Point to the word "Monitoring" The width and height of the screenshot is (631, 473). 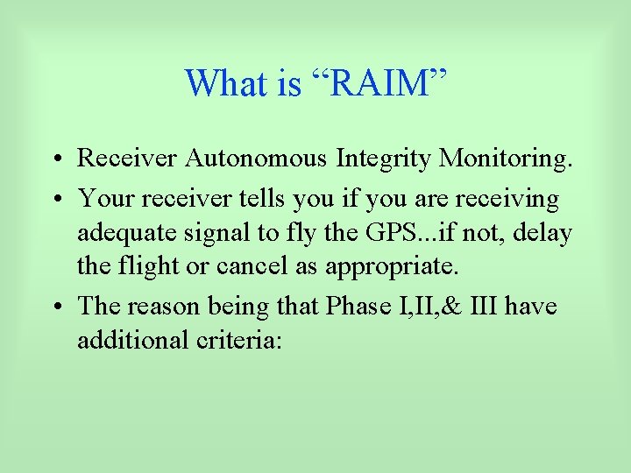coord(505,159)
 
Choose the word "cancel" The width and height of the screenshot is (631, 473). coord(262,267)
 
